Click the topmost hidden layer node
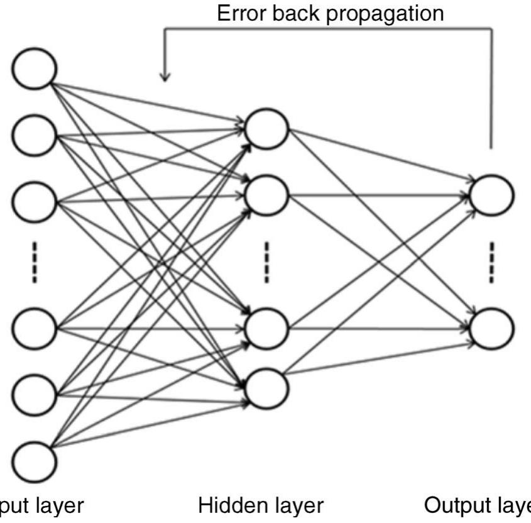point(267,128)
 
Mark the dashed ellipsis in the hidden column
point(267,260)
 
